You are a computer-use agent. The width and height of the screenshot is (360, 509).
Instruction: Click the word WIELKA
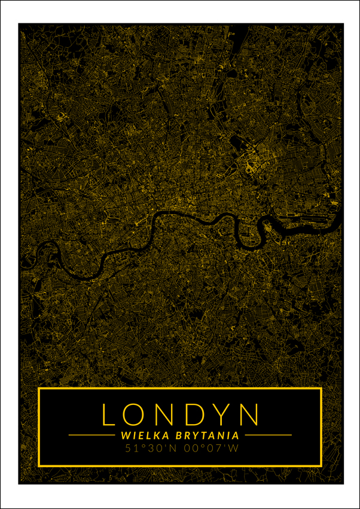tap(141, 435)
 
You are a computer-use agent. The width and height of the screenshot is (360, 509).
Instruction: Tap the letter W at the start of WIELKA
tap(124, 435)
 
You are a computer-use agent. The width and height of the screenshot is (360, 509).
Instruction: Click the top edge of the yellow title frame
tap(179, 389)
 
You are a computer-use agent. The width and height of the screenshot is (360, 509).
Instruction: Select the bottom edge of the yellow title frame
tap(179, 465)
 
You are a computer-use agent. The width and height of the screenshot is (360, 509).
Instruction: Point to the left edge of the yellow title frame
tap(39, 426)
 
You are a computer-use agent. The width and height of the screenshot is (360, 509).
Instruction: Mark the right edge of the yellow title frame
tap(321, 426)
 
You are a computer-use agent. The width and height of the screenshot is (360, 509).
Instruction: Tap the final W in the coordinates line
tap(233, 447)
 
